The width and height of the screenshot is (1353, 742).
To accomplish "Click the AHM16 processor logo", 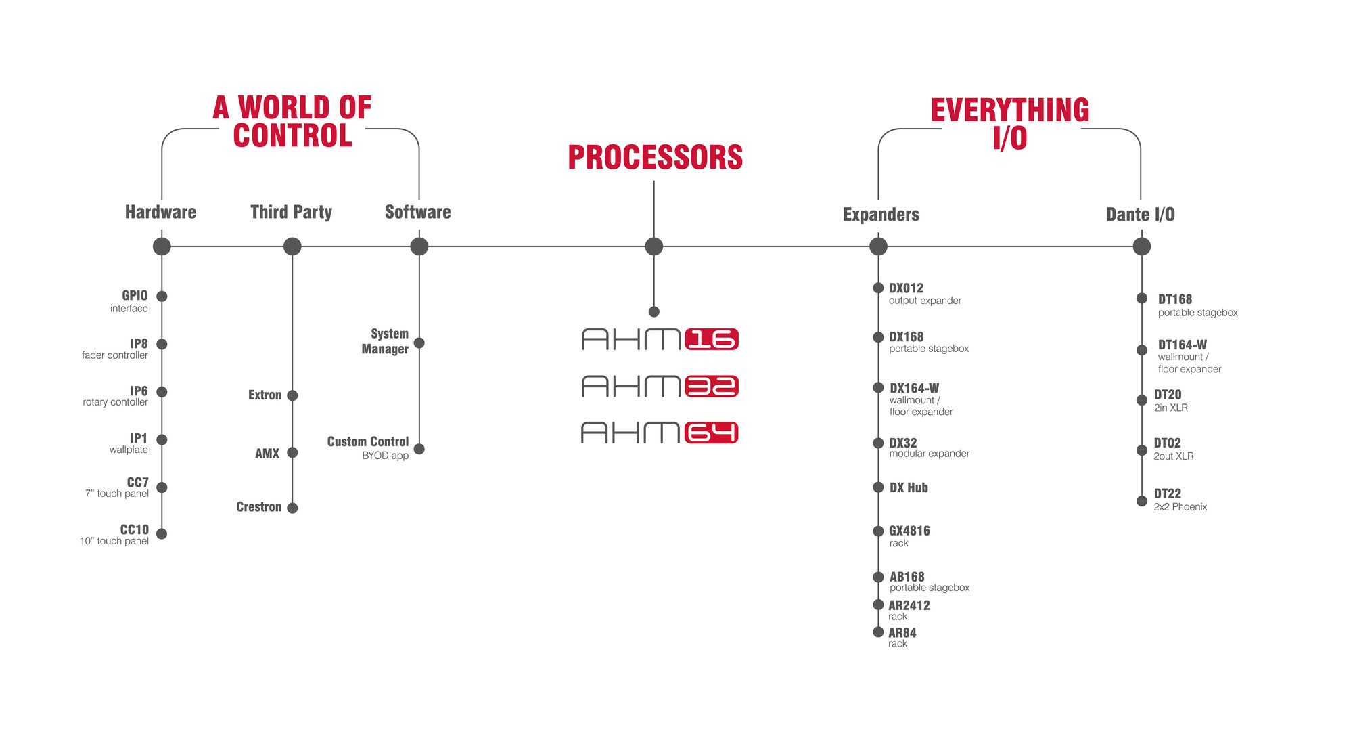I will click(x=660, y=339).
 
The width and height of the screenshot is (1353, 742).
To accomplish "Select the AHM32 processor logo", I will click(x=660, y=387).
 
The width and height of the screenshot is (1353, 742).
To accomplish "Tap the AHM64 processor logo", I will click(x=660, y=433).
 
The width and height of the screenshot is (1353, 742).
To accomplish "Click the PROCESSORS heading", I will click(x=655, y=157).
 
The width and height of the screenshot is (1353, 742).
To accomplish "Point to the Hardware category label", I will click(x=160, y=212).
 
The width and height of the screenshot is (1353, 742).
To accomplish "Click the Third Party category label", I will click(x=291, y=212).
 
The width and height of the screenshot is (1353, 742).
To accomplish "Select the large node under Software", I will click(x=419, y=246).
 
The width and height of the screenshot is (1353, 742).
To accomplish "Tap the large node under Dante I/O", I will click(x=1142, y=246).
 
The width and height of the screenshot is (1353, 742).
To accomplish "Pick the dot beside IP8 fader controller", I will click(x=162, y=344).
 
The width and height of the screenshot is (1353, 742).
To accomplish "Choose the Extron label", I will click(x=265, y=395).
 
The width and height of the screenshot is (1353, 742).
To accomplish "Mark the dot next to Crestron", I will click(x=292, y=508).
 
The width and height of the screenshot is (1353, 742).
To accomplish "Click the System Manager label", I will click(x=386, y=341).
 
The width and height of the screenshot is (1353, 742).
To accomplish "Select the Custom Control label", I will click(x=369, y=448).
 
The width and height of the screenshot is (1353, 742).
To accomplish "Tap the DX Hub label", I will click(x=909, y=487).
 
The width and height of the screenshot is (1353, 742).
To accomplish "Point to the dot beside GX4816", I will click(x=878, y=531).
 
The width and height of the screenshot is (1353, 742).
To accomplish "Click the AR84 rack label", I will click(x=902, y=637).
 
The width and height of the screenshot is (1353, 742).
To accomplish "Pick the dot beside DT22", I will click(x=1142, y=502).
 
